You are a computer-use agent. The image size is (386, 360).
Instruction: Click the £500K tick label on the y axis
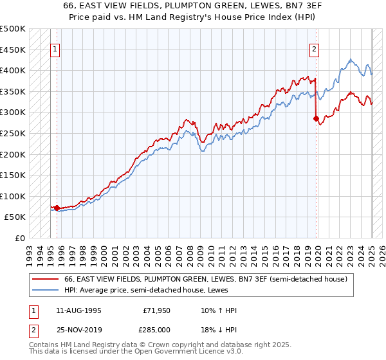(13, 29)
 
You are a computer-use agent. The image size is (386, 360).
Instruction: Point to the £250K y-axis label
(13, 133)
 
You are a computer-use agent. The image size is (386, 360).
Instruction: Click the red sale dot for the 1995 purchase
(57, 208)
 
